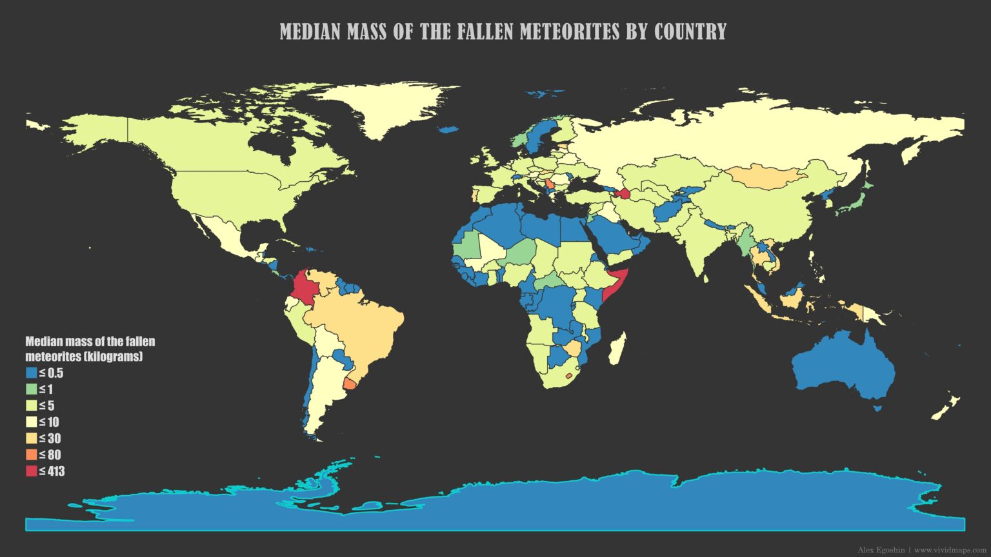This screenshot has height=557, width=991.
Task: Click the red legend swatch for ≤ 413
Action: coord(31,471)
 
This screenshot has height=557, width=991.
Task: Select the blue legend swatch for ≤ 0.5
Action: coord(31,373)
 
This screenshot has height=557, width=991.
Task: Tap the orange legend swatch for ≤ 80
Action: coord(31,454)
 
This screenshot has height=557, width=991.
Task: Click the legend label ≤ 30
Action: coord(50,438)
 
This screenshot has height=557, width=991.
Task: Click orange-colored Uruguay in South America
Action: coord(349,384)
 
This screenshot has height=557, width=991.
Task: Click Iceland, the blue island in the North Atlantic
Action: coord(448,130)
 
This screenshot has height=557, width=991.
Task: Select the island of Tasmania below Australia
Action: coord(877,408)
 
